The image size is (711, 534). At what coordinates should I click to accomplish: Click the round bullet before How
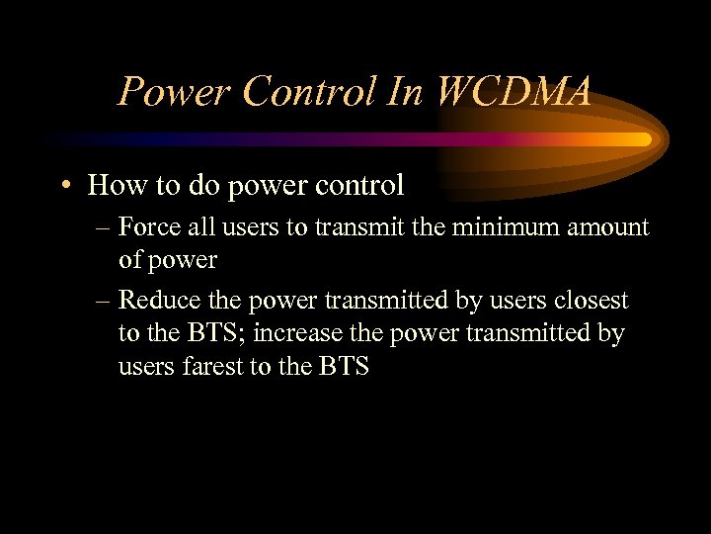click(64, 186)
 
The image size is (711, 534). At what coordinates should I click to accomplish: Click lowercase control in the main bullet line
click(356, 185)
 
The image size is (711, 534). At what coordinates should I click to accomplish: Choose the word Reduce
click(154, 300)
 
